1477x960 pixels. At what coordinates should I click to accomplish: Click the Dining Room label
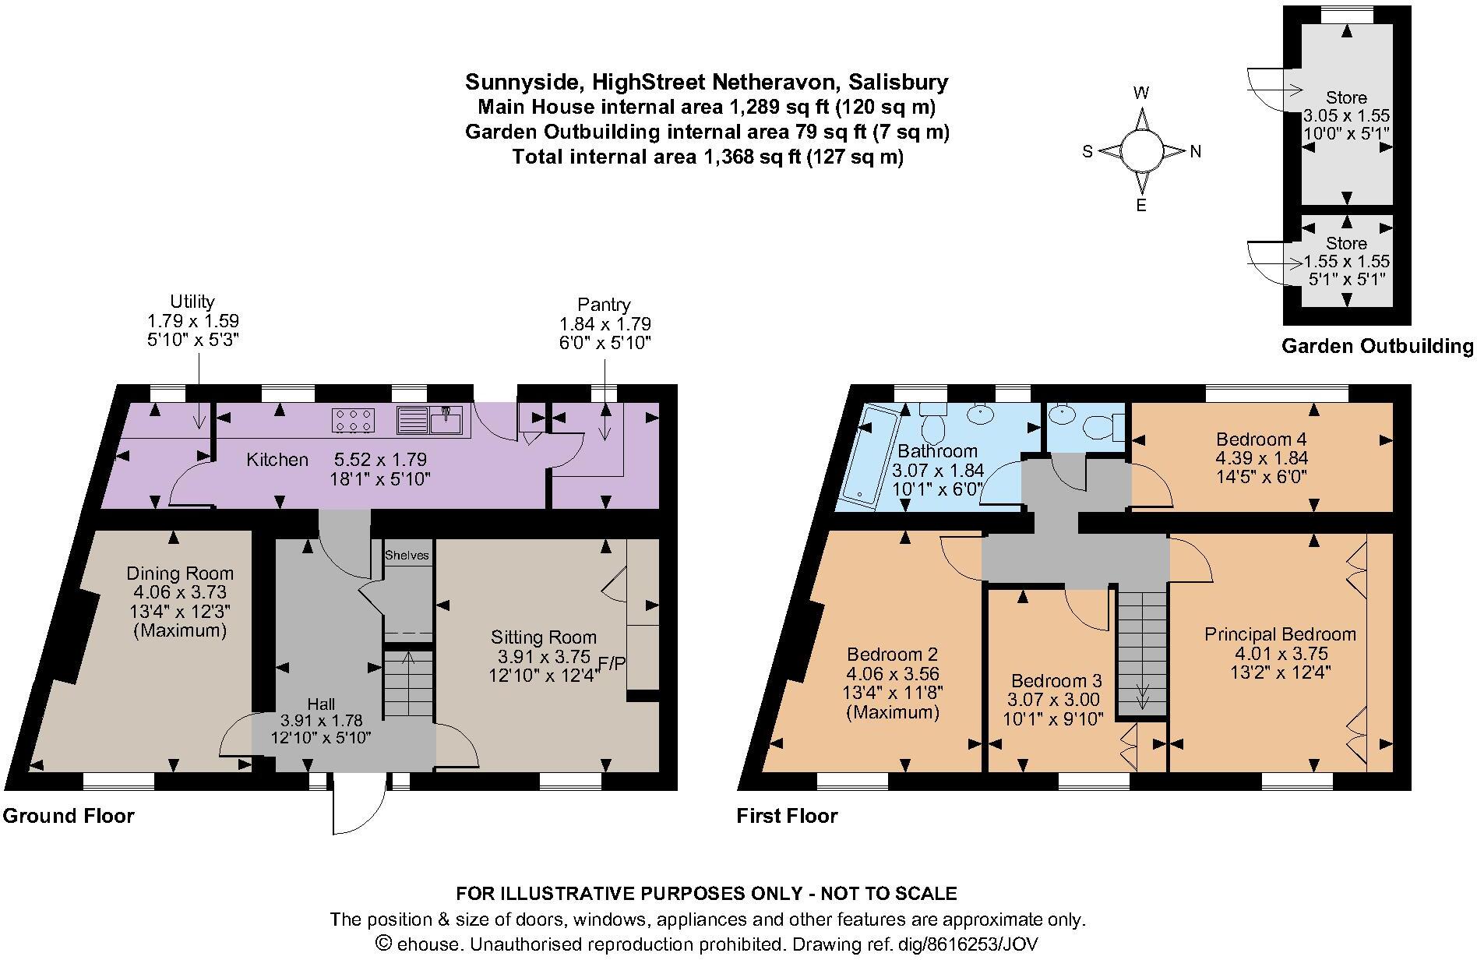point(180,574)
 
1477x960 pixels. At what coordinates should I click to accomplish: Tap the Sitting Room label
point(544,637)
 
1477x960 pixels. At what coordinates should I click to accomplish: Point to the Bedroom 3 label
point(1056,681)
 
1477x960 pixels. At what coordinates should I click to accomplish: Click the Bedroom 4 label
point(1261,439)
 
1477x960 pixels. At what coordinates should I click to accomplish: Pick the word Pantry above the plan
point(604,305)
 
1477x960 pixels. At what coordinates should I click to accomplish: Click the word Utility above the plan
point(192,302)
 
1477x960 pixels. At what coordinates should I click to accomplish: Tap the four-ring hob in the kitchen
point(351,421)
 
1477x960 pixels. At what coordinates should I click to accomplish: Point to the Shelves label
point(407,556)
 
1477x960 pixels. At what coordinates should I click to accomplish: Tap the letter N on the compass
point(1196,152)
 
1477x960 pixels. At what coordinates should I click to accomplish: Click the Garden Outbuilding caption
point(1377,347)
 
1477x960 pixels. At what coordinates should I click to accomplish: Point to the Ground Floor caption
point(69,816)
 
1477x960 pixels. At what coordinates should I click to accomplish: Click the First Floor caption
point(787,816)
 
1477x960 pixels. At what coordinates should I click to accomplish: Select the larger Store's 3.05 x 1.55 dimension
point(1347,116)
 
